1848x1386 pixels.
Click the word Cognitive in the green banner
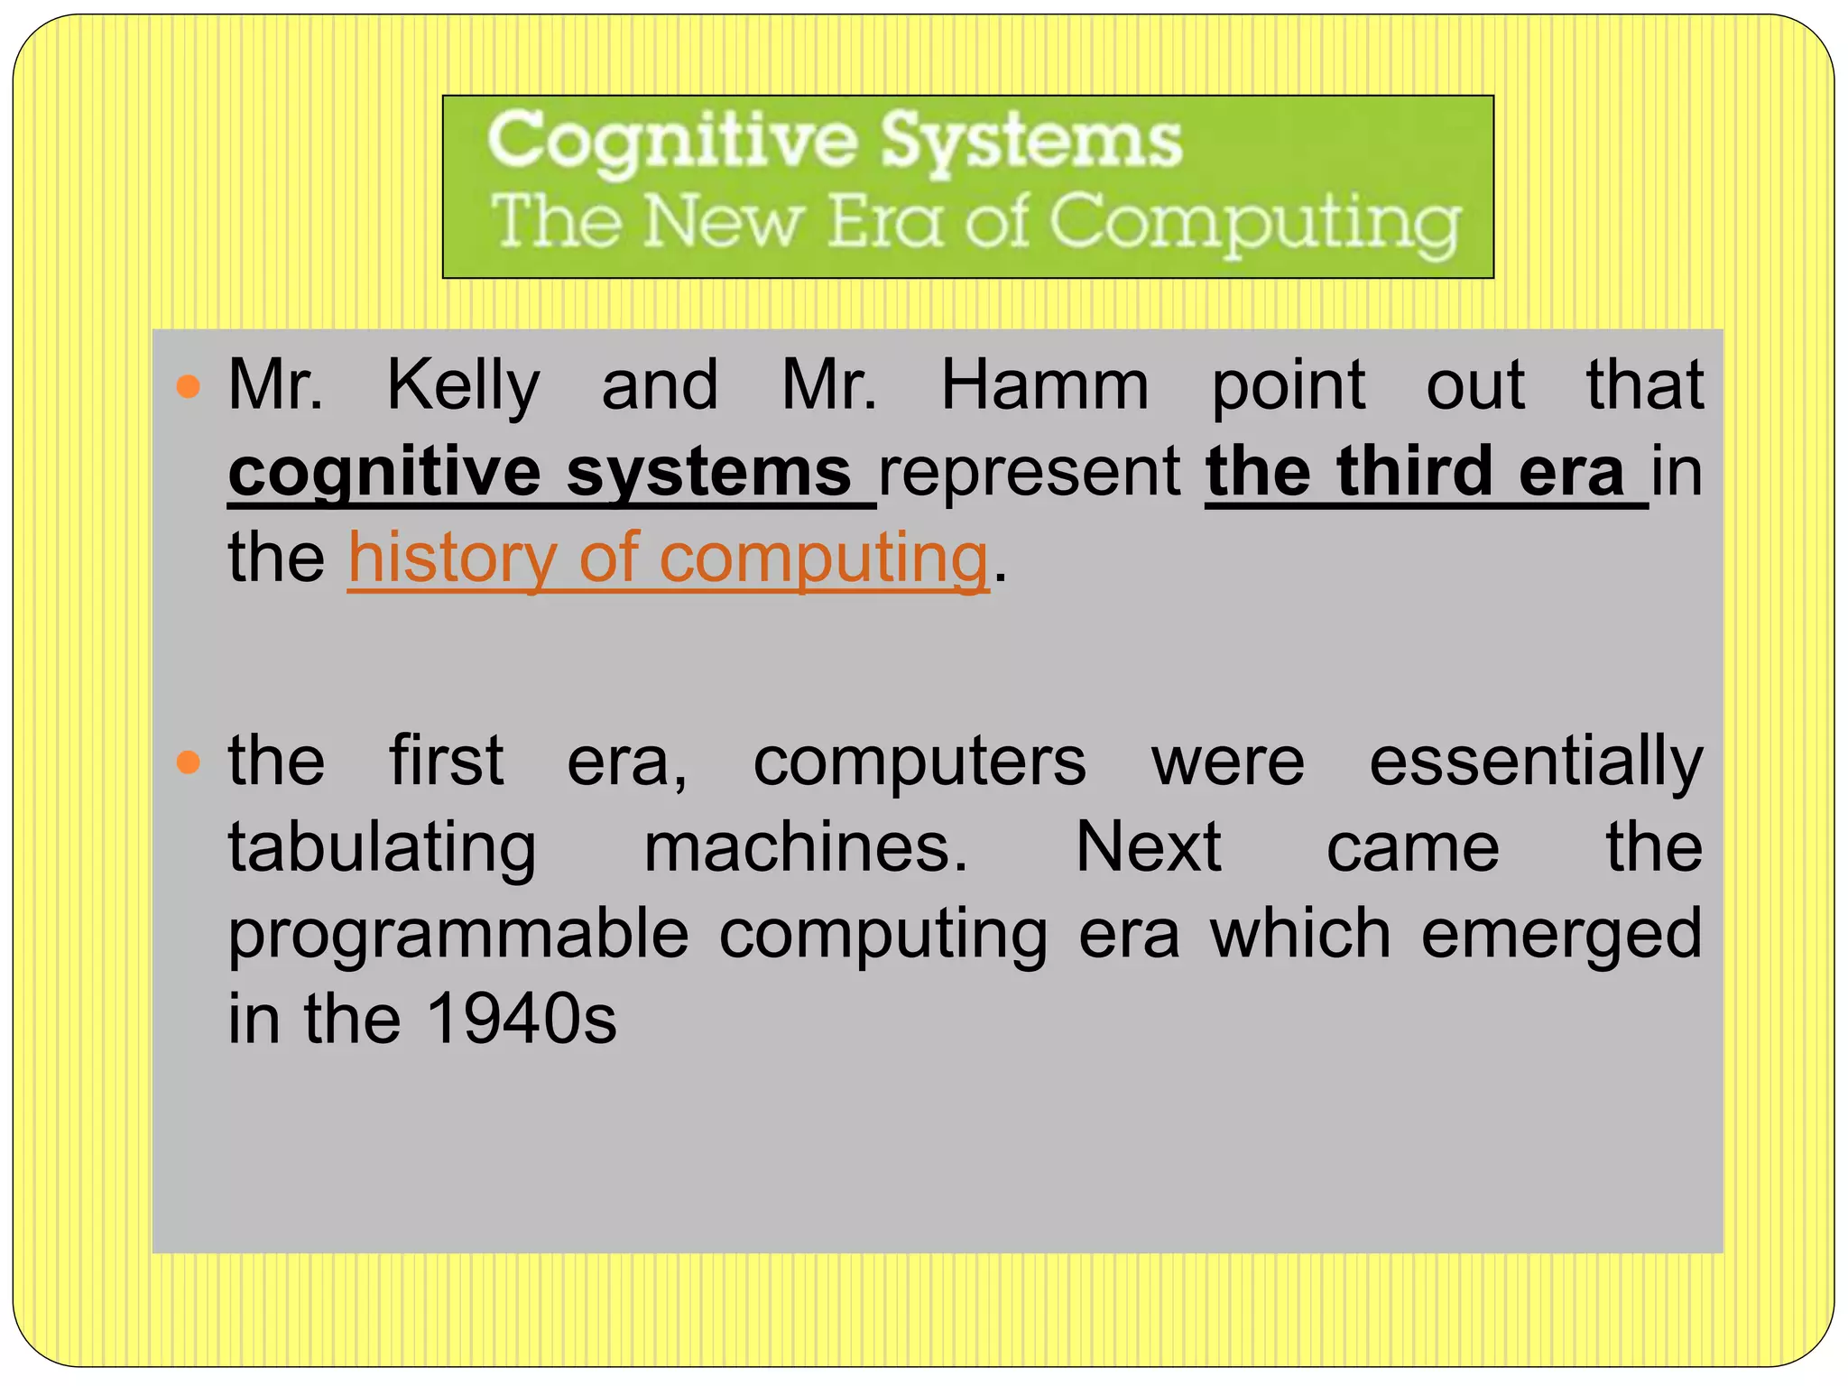[x=672, y=142]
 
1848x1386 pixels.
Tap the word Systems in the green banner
[x=1030, y=142]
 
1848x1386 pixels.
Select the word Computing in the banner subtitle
[x=1254, y=223]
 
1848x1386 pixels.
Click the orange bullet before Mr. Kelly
[x=188, y=388]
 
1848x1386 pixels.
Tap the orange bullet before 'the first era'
[x=188, y=763]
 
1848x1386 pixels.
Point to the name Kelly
[x=463, y=386]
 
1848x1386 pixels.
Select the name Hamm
[x=1045, y=386]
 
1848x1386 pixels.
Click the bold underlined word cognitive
[x=384, y=473]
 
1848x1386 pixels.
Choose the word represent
[x=1030, y=473]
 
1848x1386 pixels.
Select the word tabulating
[x=382, y=848]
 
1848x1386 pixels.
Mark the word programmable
[x=458, y=935]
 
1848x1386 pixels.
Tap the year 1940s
[x=521, y=1020]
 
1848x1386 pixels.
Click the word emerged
[x=1561, y=935]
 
